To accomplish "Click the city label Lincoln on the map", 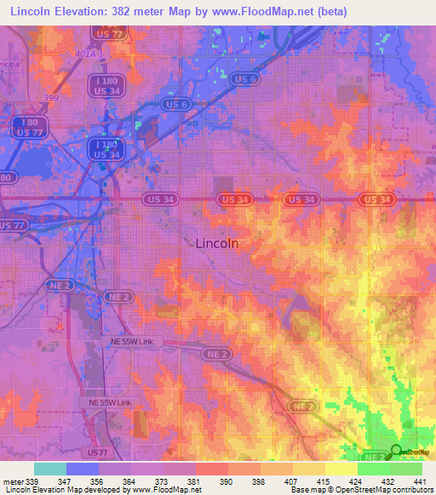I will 216,242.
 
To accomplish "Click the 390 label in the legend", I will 227,481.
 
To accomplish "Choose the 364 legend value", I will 130,481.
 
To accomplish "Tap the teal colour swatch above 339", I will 50,469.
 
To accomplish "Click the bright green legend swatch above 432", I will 374,469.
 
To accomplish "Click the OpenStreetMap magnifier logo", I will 397,451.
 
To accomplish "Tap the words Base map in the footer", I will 305,491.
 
